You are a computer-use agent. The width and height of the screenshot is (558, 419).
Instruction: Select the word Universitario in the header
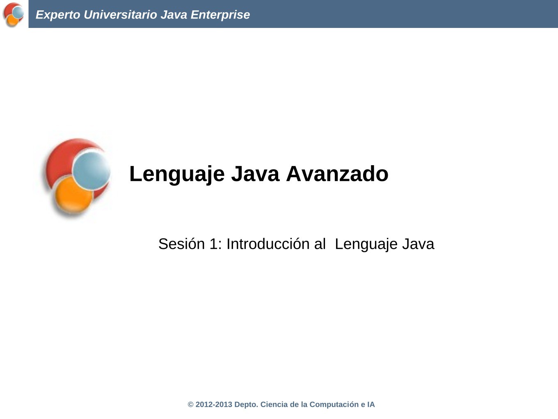121,15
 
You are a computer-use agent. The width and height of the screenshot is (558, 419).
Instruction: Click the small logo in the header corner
13,15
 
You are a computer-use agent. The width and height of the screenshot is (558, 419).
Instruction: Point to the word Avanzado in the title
337,174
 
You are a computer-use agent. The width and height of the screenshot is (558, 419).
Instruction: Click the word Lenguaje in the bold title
177,174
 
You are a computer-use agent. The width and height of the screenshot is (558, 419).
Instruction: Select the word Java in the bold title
255,174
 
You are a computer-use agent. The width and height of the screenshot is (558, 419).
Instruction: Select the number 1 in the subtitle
214,244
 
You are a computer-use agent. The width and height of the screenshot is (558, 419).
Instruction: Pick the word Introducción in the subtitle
268,244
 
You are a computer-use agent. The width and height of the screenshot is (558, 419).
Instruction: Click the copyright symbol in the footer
190,405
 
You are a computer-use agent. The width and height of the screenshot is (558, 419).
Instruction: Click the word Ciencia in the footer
274,405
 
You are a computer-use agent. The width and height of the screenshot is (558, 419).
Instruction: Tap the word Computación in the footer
334,405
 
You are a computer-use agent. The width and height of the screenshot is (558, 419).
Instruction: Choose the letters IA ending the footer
371,405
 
